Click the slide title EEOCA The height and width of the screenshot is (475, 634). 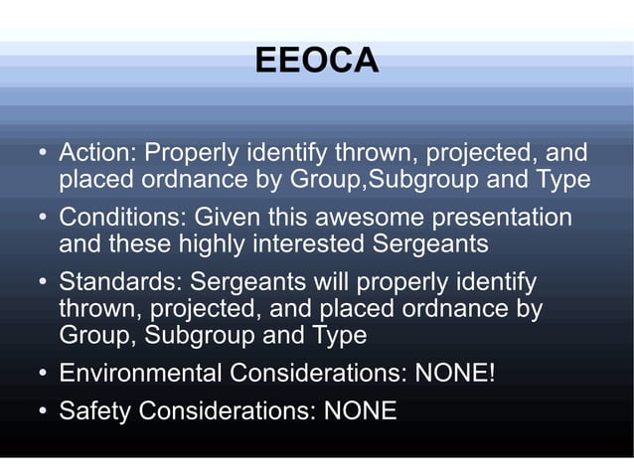click(x=316, y=61)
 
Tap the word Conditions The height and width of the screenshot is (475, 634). click(x=122, y=217)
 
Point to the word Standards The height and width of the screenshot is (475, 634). click(x=116, y=281)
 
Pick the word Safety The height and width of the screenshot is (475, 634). click(x=94, y=409)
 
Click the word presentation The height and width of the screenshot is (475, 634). click(x=503, y=218)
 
